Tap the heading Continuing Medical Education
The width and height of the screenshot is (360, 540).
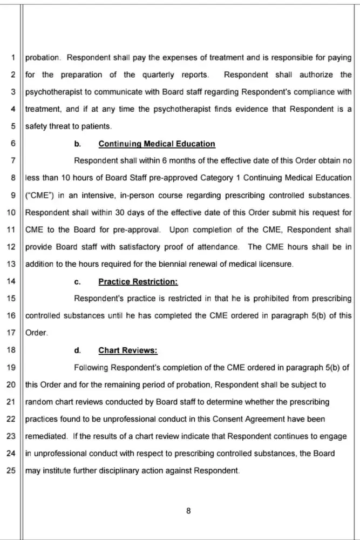point(157,144)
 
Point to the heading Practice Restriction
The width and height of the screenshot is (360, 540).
point(138,282)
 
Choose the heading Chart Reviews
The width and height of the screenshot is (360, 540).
point(127,350)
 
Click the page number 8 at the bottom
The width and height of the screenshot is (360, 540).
point(188,511)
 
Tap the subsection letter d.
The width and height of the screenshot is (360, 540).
point(77,350)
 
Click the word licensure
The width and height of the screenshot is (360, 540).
point(274,264)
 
